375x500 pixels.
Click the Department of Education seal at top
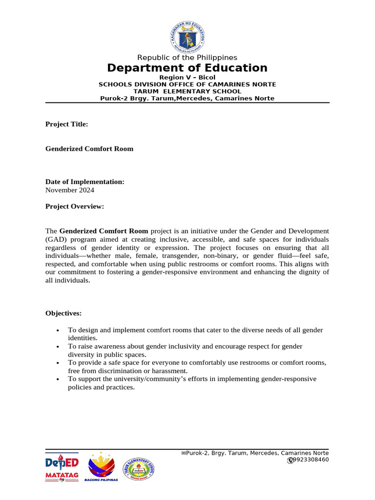[x=187, y=37]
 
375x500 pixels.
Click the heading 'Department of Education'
[x=187, y=68]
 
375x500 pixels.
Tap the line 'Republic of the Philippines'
[x=187, y=58]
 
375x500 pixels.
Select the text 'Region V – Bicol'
[x=187, y=78]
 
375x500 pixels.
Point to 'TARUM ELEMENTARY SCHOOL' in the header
[x=187, y=91]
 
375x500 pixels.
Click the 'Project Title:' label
[x=66, y=125]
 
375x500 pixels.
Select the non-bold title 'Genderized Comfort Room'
[x=89, y=149]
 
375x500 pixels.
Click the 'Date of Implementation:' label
[x=85, y=182]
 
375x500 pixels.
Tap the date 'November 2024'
[x=70, y=190]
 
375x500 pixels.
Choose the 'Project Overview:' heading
[x=75, y=207]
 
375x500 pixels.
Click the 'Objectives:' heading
[x=63, y=313]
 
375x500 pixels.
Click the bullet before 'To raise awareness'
[x=58, y=347]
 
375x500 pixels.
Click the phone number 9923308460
[x=311, y=460]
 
